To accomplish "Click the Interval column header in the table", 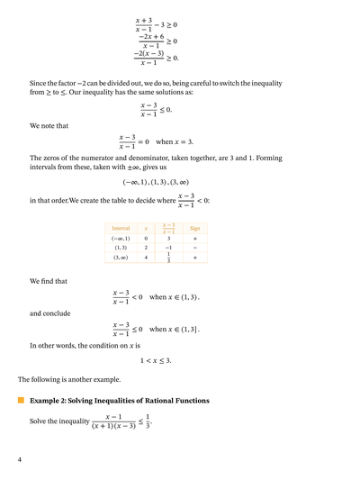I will pyautogui.click(x=120, y=229).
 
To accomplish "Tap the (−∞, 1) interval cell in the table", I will pyautogui.click(x=120, y=238).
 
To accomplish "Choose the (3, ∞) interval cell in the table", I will pyautogui.click(x=120, y=258).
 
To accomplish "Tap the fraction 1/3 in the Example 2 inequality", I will pyautogui.click(x=148, y=421).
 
